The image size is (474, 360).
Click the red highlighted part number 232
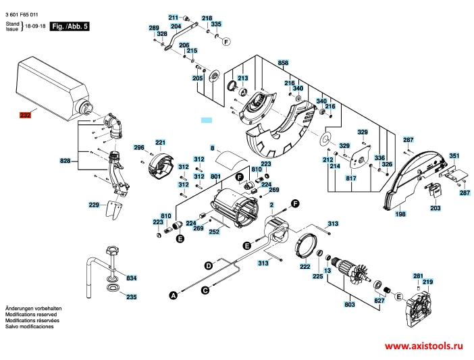25,115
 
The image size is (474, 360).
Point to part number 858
283,63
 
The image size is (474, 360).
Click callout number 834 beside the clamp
131,278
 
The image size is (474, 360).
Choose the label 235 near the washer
131,297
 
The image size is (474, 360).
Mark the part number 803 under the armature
349,305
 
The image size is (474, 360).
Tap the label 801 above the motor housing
215,177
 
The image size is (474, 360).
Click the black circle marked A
173,295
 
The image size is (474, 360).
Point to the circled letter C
205,290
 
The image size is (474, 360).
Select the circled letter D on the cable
209,267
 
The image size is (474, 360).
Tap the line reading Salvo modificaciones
29,326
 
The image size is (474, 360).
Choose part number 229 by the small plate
94,205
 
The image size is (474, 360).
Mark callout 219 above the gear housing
427,282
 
